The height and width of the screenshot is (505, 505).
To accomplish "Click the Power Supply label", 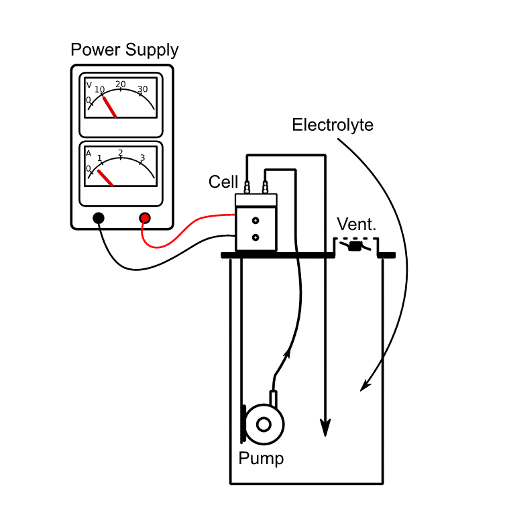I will coord(125,50).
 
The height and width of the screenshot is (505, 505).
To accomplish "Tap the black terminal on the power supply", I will coord(99,217).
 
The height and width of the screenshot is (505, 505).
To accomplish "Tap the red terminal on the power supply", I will coord(145,217).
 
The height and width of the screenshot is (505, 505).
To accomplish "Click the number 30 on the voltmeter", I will coord(142,89).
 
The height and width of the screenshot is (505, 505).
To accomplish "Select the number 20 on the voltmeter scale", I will coord(121,85).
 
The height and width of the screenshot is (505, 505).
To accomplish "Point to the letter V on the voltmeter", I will coord(89,85).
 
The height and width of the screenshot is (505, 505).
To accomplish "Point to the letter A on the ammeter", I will coord(89,154).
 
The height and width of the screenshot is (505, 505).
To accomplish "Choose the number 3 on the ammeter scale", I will coord(142,158).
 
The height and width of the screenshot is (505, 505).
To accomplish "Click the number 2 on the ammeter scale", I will coord(121,153).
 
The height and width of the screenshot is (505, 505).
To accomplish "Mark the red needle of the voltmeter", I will coord(109,107).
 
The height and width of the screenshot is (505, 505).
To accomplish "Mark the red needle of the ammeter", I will coord(105,178).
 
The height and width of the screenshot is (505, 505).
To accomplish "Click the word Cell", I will coord(223,182).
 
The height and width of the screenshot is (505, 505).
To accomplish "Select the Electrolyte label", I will coord(333,125).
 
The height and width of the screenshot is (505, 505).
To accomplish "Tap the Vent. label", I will coord(356,225).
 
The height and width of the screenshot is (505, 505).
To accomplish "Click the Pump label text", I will coord(261,459).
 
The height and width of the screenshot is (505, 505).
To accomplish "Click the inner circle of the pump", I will coord(264,424).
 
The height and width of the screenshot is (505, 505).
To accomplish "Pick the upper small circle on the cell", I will coord(256,221).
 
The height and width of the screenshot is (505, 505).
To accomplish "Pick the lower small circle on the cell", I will coord(256,237).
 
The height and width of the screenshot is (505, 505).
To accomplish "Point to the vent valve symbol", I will coord(355,247).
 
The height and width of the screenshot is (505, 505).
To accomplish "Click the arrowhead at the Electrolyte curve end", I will coord(363,386).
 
